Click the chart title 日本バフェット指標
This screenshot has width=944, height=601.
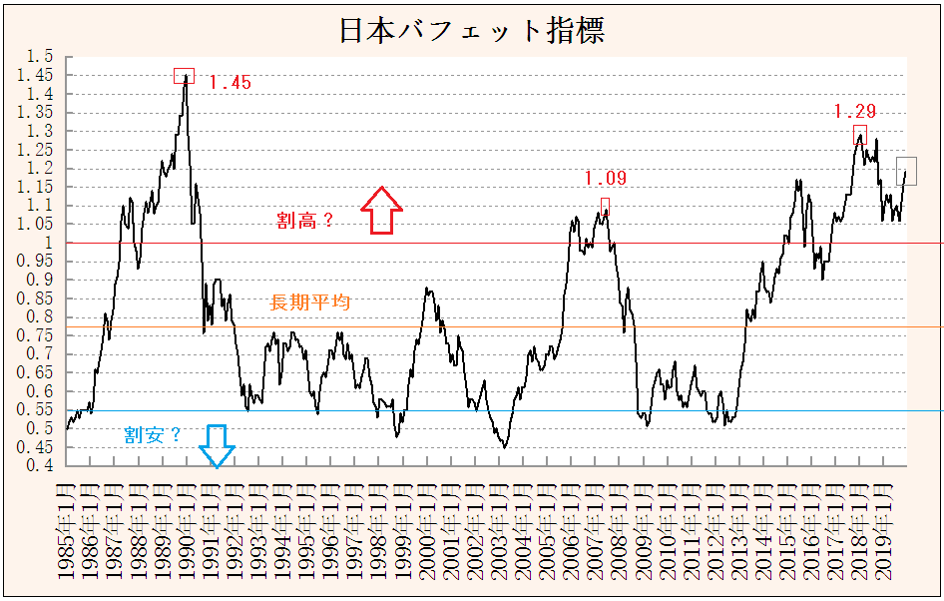pos(472,30)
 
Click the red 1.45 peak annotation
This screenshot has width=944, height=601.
pos(231,83)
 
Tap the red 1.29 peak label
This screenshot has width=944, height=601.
pos(854,112)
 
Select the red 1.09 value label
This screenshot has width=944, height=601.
pos(605,179)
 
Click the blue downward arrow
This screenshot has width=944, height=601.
pos(217,445)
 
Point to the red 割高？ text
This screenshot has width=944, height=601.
pos(305,221)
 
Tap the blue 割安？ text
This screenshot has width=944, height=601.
pos(153,434)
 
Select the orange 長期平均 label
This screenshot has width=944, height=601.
pos(309,302)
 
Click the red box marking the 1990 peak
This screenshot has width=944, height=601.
pos(184,76)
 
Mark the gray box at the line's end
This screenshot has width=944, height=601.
pos(906,171)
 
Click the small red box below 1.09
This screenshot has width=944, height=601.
pos(605,206)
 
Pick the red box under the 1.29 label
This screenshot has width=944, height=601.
pos(859,134)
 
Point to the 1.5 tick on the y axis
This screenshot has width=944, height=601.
pos(41,56)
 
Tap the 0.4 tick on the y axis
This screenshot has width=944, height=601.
pos(41,466)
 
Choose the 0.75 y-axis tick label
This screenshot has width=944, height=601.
pos(38,354)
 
